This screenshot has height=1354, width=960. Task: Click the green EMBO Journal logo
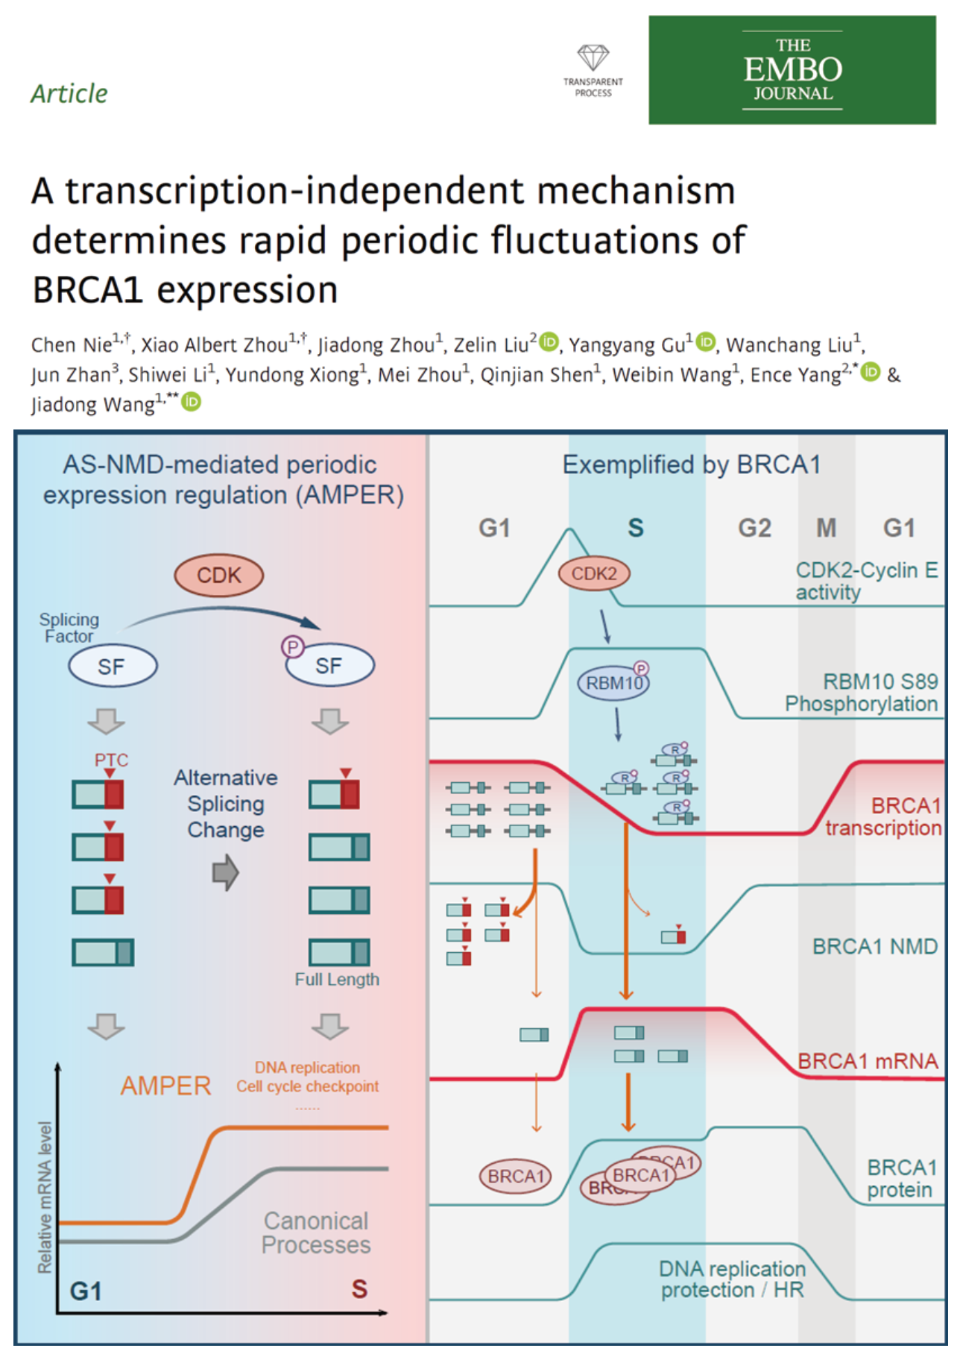tap(792, 70)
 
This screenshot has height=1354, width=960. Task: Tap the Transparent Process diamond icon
tap(593, 57)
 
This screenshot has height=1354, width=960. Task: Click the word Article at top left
tap(69, 94)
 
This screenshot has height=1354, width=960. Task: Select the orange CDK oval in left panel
tap(219, 576)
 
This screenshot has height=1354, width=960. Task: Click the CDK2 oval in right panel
tap(594, 573)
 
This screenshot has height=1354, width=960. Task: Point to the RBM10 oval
tap(613, 683)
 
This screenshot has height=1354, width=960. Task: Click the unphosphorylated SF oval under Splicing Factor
tap(113, 666)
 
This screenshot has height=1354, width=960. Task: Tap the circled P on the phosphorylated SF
tap(292, 646)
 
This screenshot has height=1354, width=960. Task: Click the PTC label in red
tap(111, 760)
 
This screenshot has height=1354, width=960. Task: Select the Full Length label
tap(337, 979)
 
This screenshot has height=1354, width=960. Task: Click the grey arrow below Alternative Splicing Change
tap(225, 872)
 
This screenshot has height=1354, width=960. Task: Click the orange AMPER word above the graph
tap(166, 1086)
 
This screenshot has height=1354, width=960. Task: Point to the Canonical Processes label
tap(316, 1232)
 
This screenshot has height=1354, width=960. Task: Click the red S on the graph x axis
tap(359, 1288)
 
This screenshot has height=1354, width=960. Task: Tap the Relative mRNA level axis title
tap(45, 1197)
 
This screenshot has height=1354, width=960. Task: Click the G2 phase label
tap(754, 528)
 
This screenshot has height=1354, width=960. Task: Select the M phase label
tap(826, 528)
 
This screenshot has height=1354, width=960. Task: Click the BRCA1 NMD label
tap(874, 946)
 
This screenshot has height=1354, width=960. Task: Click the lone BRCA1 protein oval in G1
tap(515, 1176)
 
